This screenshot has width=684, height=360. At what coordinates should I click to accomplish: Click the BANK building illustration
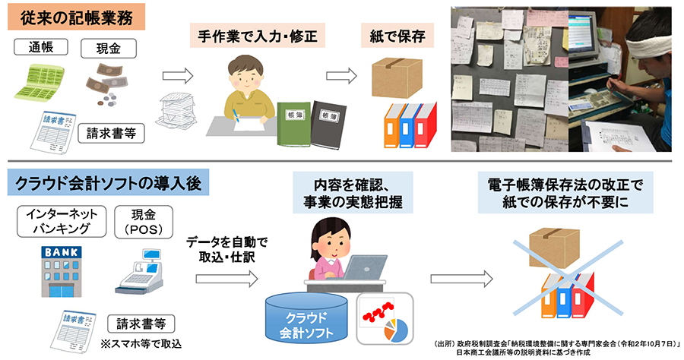57,270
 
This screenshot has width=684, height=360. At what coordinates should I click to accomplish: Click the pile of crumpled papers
179,111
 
